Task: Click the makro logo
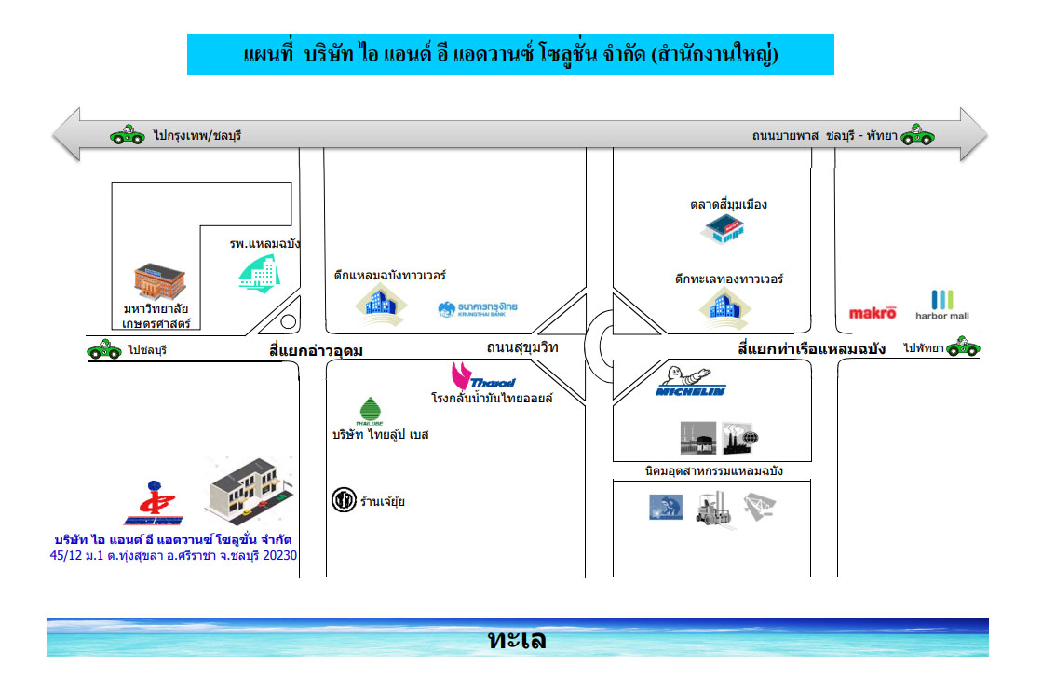tap(873, 312)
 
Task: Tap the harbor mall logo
tap(941, 305)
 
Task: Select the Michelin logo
tap(690, 381)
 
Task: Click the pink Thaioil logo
tap(483, 376)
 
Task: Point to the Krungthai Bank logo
tap(477, 309)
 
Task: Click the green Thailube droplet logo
tap(370, 411)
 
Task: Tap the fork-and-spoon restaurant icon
tap(344, 499)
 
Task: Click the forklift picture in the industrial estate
tap(713, 509)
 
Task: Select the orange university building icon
tap(159, 281)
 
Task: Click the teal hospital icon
tap(259, 274)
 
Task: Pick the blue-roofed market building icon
tap(723, 229)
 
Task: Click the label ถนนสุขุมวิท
tap(522, 346)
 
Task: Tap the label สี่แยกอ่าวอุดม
tap(316, 350)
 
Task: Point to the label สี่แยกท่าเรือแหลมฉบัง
tap(811, 348)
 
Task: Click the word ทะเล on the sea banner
tap(517, 639)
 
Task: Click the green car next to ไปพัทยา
tap(963, 346)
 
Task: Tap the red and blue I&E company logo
tap(154, 503)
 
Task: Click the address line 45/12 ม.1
tap(173, 555)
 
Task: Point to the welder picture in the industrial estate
tap(665, 507)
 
